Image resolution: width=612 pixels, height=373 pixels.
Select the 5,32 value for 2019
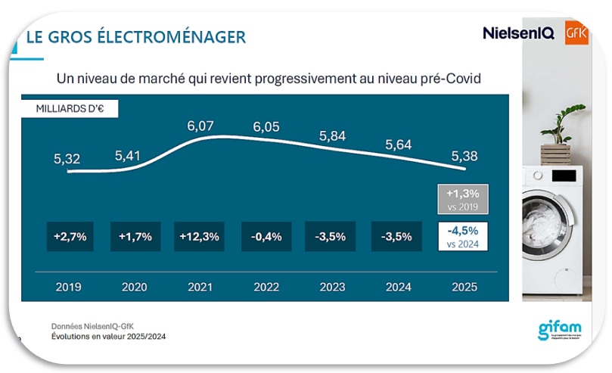[x=67, y=159]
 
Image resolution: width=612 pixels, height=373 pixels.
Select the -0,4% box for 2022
[x=266, y=236]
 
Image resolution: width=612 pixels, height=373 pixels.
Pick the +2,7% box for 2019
[x=70, y=236]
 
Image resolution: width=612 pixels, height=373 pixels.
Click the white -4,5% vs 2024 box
[x=463, y=236]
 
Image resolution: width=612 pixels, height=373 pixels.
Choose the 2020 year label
[x=135, y=287]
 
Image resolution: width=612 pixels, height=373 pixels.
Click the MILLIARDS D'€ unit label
[x=70, y=108]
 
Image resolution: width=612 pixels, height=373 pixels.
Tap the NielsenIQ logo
[x=518, y=33]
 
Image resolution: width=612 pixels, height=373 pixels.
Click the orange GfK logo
[x=576, y=33]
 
